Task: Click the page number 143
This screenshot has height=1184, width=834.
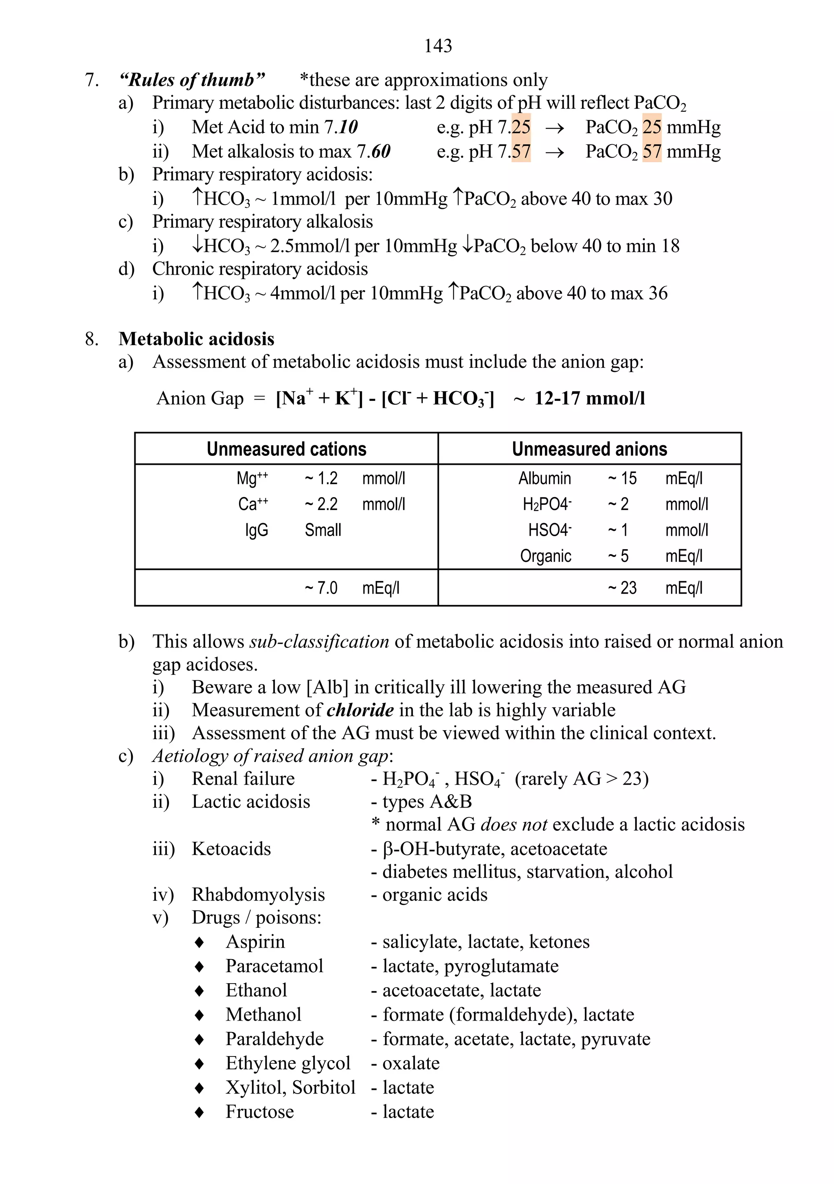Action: tap(438, 46)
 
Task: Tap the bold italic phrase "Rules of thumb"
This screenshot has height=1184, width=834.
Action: tap(191, 80)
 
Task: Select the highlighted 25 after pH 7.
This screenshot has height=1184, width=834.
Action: tap(520, 127)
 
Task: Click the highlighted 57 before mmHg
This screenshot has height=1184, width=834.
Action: tap(652, 151)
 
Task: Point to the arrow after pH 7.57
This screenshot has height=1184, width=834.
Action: tap(554, 152)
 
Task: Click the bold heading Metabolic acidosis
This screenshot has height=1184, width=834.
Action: tap(196, 339)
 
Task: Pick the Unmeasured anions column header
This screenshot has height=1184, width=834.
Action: tap(589, 449)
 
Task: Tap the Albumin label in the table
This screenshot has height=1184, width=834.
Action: tap(544, 479)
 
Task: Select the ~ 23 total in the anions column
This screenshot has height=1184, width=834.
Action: tap(622, 588)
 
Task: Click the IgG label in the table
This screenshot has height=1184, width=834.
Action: tap(256, 530)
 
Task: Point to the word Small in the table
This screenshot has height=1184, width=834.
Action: tap(323, 530)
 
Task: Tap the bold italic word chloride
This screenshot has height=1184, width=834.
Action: tap(360, 710)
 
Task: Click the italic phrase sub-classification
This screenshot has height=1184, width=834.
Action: tap(319, 642)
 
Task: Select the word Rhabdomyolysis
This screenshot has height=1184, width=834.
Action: tap(258, 895)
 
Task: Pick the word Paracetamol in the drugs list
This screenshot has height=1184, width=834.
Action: tap(274, 966)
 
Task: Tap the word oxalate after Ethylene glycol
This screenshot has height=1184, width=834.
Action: tap(411, 1063)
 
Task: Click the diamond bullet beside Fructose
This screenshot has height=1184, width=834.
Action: tap(200, 1112)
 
